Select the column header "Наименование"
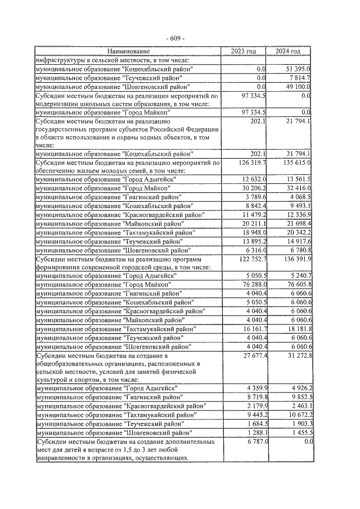(128, 51)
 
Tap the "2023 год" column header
(243, 51)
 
